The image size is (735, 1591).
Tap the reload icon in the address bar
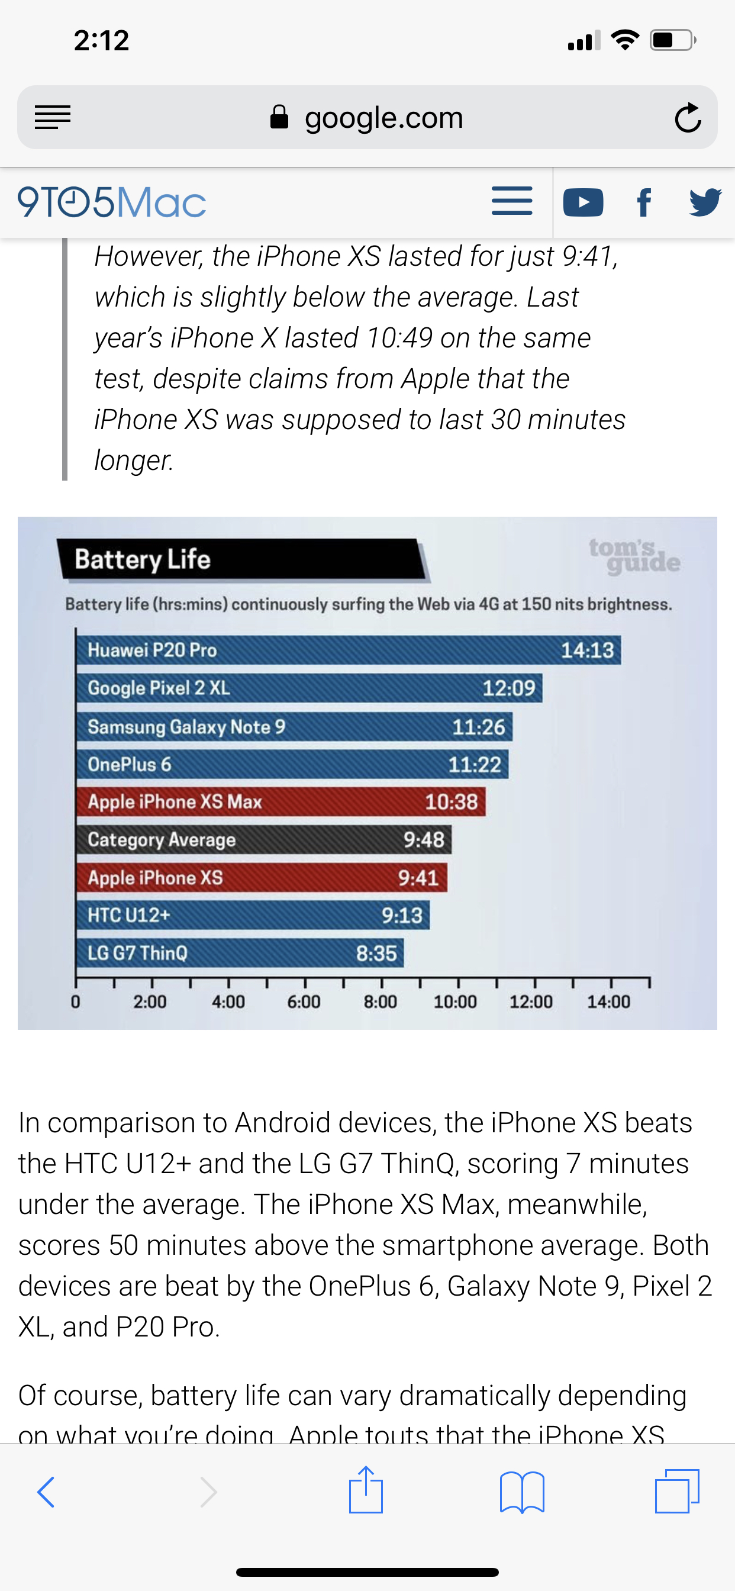point(688,117)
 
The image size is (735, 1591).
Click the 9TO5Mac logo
point(112,202)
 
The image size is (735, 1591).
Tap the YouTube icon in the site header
point(583,202)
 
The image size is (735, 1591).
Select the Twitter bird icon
point(705,202)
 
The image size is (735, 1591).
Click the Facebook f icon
point(644,202)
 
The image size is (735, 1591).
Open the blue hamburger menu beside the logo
point(512,201)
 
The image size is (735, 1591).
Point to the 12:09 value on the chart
point(508,688)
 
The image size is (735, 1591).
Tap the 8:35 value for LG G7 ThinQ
point(376,954)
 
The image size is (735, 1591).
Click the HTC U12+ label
point(128,914)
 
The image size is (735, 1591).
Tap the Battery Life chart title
point(143,559)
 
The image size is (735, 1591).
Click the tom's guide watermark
point(634,555)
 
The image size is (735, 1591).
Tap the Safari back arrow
point(46,1492)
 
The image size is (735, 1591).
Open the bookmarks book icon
point(522,1492)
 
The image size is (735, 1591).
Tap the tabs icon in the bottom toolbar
point(677,1491)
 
